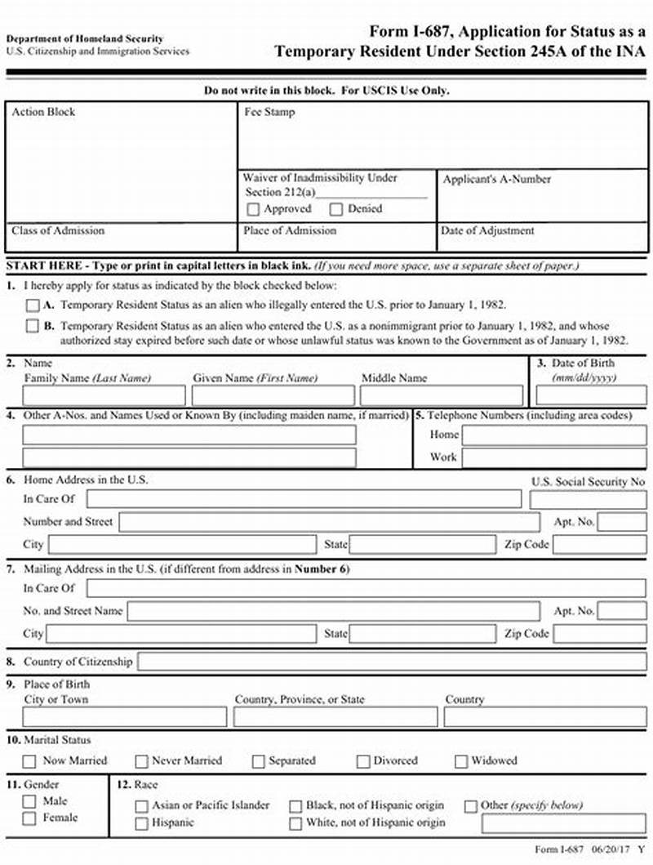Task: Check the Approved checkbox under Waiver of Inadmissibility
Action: point(253,209)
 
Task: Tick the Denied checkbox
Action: point(336,209)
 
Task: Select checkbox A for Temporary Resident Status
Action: point(32,305)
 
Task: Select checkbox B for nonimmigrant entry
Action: point(32,326)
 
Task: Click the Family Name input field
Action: point(104,396)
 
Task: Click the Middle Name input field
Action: point(441,396)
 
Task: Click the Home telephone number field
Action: point(554,435)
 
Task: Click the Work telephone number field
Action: point(554,457)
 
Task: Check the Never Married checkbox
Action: point(142,761)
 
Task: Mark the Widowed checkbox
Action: point(460,761)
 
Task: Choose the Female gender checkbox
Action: point(30,818)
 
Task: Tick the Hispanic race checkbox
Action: point(142,823)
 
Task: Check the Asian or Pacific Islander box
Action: point(142,806)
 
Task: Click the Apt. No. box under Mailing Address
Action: point(622,611)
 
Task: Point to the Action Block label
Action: point(43,112)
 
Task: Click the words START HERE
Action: point(43,266)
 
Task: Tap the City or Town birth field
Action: point(125,717)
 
